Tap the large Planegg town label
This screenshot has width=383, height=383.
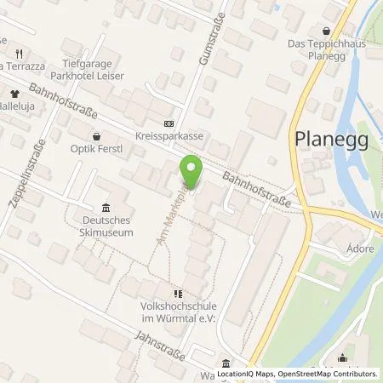[x=331, y=140]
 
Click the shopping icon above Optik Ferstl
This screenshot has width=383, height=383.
[x=97, y=136]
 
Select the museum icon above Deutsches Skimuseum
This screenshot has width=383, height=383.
[x=106, y=208]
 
